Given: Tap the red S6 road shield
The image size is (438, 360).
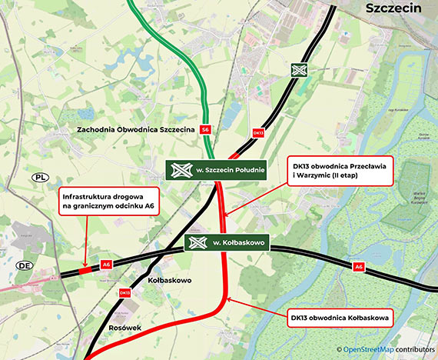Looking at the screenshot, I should pyautogui.click(x=204, y=130).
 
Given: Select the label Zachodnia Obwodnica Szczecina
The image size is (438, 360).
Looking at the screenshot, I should pyautogui.click(x=135, y=130).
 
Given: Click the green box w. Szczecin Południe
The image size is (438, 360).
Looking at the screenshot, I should pyautogui.click(x=217, y=170).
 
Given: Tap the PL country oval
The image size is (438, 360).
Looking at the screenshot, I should pyautogui.click(x=40, y=177).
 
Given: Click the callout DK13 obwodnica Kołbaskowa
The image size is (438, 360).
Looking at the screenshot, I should pyautogui.click(x=339, y=315).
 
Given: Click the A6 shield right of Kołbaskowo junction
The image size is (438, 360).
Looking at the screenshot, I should pyautogui.click(x=358, y=266).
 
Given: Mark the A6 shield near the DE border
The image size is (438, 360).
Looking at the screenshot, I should pyautogui.click(x=106, y=265).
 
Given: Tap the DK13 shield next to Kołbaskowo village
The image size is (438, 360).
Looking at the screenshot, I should pyautogui.click(x=124, y=292).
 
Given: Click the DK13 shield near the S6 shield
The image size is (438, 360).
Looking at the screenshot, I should pyautogui.click(x=258, y=132).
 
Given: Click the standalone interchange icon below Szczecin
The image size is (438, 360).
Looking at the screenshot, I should pyautogui.click(x=299, y=69).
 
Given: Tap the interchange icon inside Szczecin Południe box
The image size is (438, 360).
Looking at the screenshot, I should pyautogui.click(x=182, y=170).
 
